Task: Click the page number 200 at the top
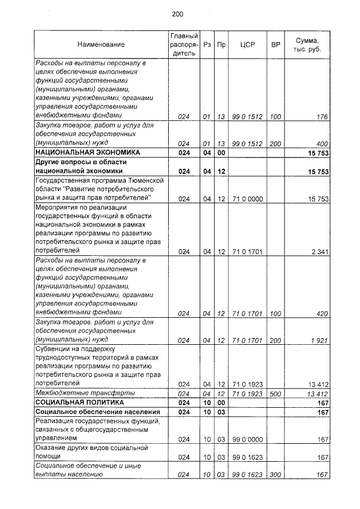178,14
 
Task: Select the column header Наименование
101,44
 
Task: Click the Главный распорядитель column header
184,44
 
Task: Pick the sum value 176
322,117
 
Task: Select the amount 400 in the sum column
322,143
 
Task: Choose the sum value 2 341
319,251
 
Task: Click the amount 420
322,313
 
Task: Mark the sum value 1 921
319,340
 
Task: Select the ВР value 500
275,394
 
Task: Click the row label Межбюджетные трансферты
77,393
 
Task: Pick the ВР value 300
275,475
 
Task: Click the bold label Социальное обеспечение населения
88,412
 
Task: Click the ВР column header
276,44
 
